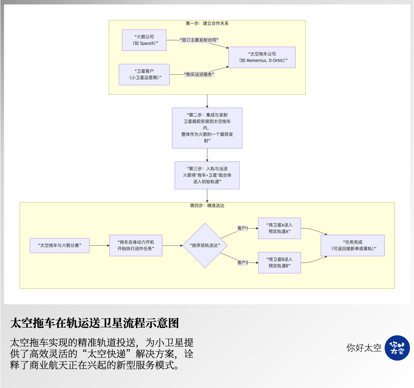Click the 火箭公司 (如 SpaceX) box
144,40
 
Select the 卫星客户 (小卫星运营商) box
144,74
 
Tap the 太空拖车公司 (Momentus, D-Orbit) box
262,57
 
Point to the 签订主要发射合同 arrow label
200,40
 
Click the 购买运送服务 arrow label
199,74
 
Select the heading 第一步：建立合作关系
207,23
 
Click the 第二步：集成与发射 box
207,128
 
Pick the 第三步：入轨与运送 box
207,175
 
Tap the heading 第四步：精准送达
207,205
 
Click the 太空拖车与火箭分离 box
60,245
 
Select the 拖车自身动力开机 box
136,245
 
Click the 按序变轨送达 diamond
205,246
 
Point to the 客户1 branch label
242,228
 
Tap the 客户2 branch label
242,263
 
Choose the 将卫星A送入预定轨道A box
279,228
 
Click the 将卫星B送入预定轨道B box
279,262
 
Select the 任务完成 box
352,245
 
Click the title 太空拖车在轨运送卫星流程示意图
94,323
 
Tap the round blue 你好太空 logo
397,348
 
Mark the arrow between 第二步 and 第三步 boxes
207,155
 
